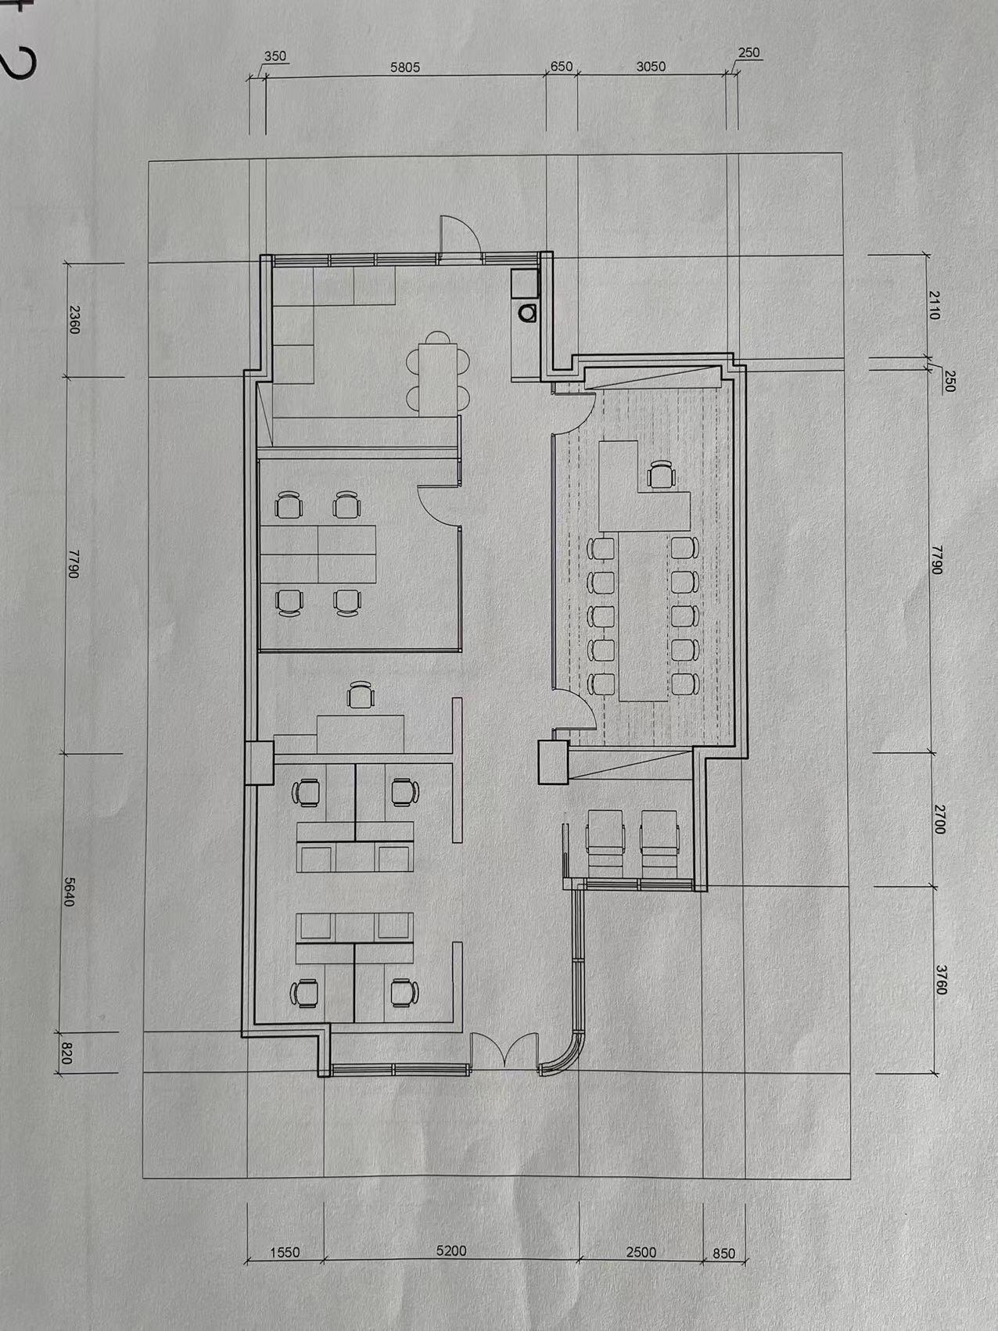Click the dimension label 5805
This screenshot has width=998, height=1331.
pyautogui.click(x=405, y=67)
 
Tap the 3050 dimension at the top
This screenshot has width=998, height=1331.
pyautogui.click(x=651, y=66)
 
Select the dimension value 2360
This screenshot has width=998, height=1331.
pyautogui.click(x=74, y=319)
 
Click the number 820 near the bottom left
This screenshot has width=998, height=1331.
pyautogui.click(x=66, y=1055)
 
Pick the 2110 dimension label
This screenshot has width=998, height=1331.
pyautogui.click(x=934, y=304)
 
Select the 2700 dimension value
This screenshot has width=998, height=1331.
pyautogui.click(x=939, y=819)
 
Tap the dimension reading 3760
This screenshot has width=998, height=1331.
pyautogui.click(x=940, y=980)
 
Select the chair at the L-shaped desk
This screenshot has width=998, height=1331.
pyautogui.click(x=661, y=474)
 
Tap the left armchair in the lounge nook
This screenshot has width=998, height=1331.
pyautogui.click(x=606, y=842)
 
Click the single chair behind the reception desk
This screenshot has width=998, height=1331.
pyautogui.click(x=360, y=694)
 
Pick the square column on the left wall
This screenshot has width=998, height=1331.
pyautogui.click(x=259, y=762)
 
